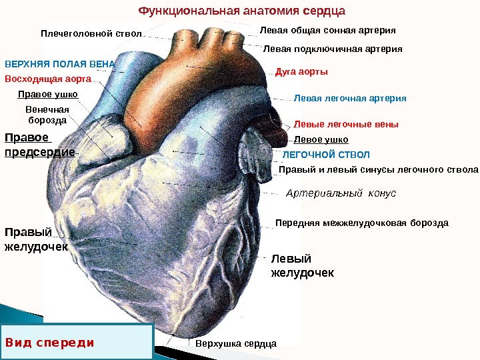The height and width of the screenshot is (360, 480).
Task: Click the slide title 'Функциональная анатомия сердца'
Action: pos(241,11)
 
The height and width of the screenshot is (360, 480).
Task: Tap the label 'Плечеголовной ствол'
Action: pos(91,33)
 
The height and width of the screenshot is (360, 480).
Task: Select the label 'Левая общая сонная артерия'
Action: pos(327,31)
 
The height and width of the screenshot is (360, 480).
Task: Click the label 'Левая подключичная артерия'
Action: pos(333,49)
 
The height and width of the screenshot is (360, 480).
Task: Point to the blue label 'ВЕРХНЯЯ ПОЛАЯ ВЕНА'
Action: pos(60,65)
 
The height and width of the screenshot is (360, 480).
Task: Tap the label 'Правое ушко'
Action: pos(47,95)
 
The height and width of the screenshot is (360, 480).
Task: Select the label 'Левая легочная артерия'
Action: pos(350,99)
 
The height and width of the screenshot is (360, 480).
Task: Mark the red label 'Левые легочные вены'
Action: pos(346,125)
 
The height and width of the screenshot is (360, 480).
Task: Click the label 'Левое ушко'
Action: pos(321,140)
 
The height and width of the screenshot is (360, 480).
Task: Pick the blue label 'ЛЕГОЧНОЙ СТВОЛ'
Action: pos(326,154)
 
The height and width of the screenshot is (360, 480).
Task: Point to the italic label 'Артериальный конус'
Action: pos(341,193)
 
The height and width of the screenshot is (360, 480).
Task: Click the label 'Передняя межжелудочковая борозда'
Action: pos(362,223)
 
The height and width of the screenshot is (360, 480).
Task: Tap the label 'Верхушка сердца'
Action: pos(236,343)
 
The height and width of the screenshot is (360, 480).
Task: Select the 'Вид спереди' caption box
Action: pos(77,342)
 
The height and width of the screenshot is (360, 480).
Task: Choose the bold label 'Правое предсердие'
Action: pos(39,145)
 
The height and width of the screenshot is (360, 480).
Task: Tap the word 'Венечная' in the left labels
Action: pos(47,109)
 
